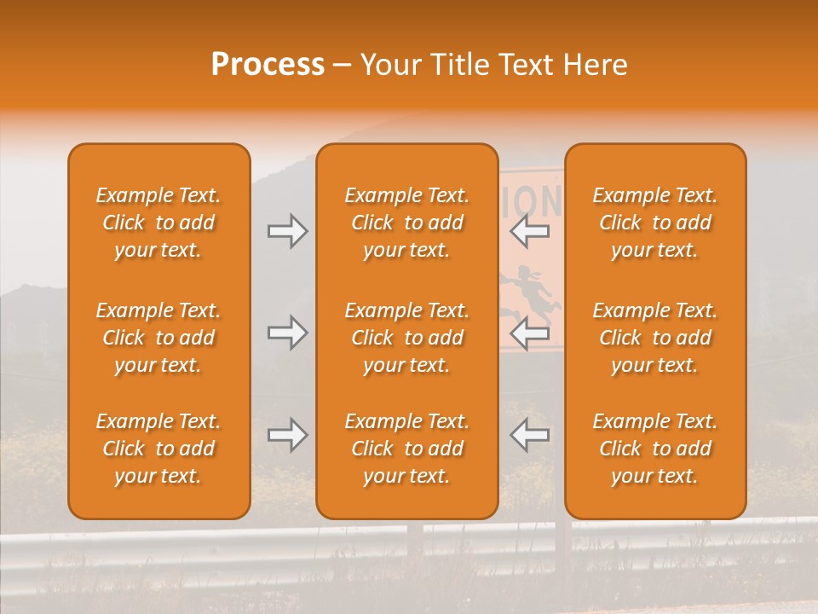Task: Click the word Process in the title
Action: point(268,65)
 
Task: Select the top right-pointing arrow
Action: point(288,231)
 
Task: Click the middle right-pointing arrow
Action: point(288,333)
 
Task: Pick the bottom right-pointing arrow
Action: point(288,435)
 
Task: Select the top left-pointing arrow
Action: point(529,231)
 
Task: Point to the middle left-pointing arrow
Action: point(529,333)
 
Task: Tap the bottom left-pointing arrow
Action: point(529,435)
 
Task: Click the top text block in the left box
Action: point(158,223)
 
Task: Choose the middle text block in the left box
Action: point(158,338)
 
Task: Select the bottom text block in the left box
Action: point(158,449)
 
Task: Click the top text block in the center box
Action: point(406,223)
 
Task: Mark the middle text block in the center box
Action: point(406,338)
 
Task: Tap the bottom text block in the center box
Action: point(406,449)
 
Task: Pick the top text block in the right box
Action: point(655,223)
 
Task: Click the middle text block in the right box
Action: point(655,338)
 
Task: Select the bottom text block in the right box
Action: point(655,449)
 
